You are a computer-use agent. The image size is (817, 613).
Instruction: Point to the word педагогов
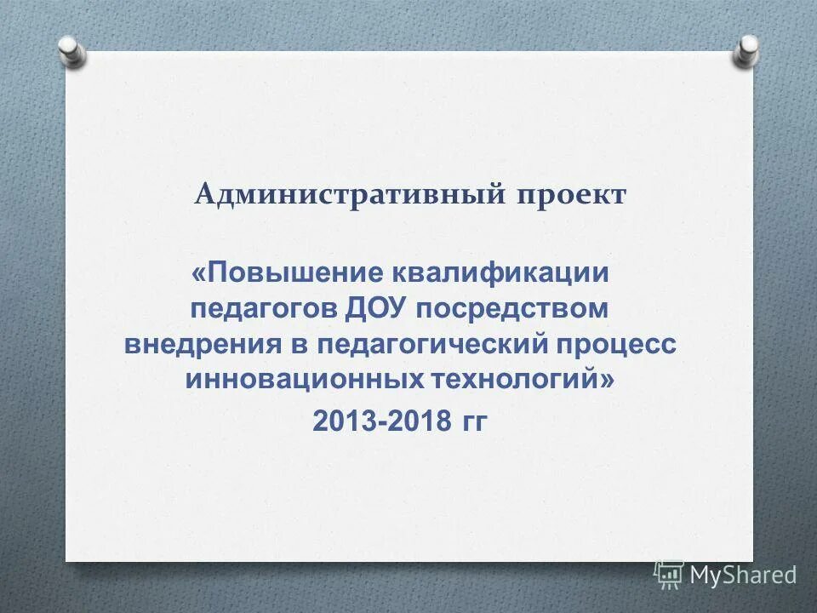click(264, 309)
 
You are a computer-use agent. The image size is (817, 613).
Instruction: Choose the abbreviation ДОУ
click(378, 309)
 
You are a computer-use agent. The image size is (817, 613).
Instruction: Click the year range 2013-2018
click(381, 420)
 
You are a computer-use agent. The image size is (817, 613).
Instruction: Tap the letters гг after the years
click(473, 421)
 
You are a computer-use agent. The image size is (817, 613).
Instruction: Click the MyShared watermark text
click(742, 576)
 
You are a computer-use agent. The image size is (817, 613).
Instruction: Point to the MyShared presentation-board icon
click(669, 575)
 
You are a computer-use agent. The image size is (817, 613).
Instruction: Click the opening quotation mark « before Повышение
click(198, 274)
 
